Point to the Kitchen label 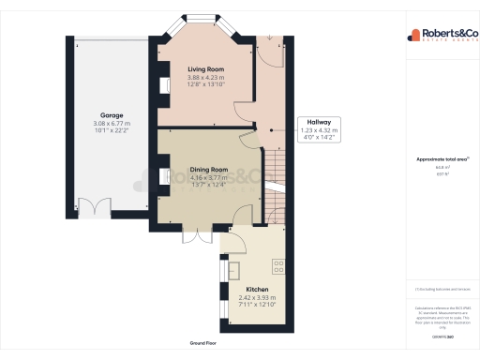click(257, 290)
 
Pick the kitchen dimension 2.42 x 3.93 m click(257, 298)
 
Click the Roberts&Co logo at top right click(440, 36)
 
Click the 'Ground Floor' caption click(204, 344)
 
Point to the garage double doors click(94, 207)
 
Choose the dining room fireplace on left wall click(162, 176)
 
